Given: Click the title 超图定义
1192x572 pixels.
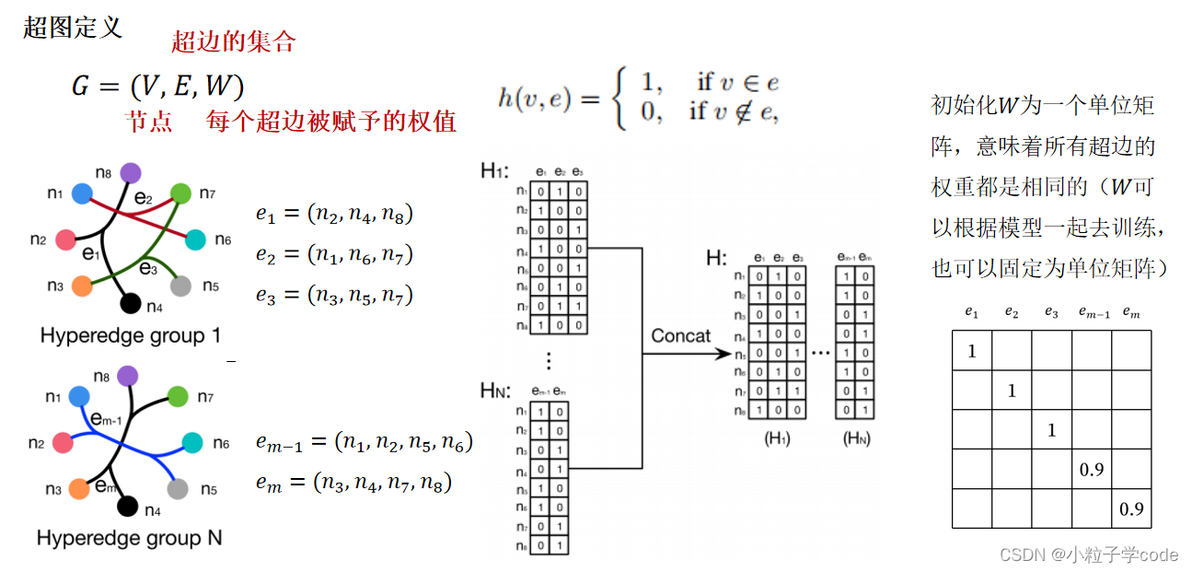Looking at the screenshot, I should pyautogui.click(x=72, y=27).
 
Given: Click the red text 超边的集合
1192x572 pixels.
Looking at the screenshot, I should pyautogui.click(x=233, y=41).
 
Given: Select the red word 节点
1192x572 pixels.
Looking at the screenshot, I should pyautogui.click(x=149, y=122).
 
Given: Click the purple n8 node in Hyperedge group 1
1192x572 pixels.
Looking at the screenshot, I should pyautogui.click(x=131, y=172).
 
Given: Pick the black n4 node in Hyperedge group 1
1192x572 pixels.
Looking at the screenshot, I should pyautogui.click(x=131, y=303).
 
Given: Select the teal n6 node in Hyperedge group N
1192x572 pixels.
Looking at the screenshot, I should pyautogui.click(x=191, y=443).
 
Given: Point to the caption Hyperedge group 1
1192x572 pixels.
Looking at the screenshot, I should pyautogui.click(x=130, y=335).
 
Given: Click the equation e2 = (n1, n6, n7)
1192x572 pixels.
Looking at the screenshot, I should pyautogui.click(x=334, y=254).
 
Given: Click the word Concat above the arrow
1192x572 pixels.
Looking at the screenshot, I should pyautogui.click(x=681, y=335).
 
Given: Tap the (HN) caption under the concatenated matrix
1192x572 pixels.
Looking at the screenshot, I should pyautogui.click(x=856, y=439).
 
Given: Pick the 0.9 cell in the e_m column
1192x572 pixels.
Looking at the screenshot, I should pyautogui.click(x=1131, y=508).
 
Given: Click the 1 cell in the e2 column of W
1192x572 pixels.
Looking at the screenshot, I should pyautogui.click(x=1012, y=391).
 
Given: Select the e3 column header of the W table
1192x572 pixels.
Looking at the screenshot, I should pyautogui.click(x=1051, y=312).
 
